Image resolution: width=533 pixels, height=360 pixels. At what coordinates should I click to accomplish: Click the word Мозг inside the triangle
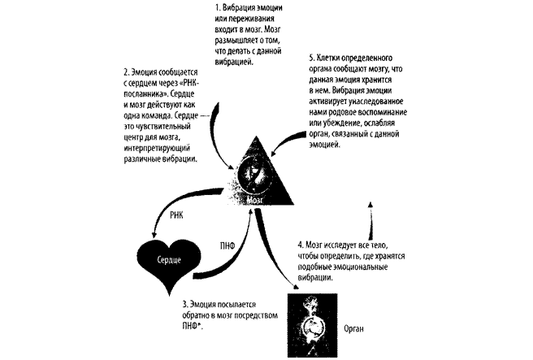pos(258,197)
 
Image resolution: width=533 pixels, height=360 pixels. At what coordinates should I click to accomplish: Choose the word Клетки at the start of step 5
pos(331,60)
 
